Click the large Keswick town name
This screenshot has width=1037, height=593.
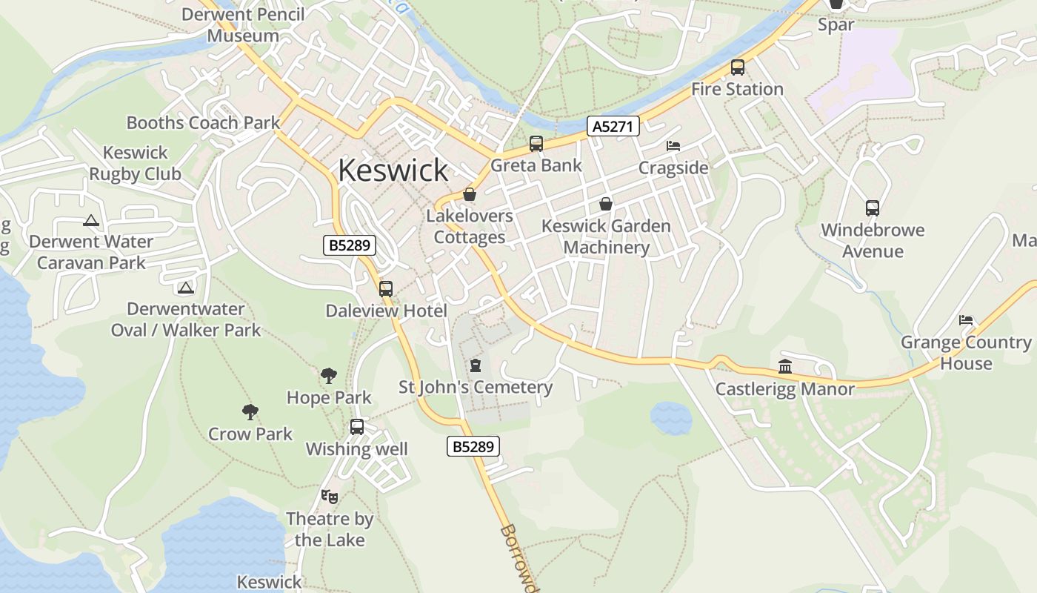(x=393, y=170)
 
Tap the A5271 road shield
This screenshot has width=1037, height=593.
(x=613, y=127)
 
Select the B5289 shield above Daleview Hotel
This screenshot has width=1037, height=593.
(x=350, y=245)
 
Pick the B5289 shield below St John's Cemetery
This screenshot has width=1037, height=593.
(x=473, y=446)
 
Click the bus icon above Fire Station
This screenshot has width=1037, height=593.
(x=738, y=67)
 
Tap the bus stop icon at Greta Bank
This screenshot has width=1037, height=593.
(x=536, y=144)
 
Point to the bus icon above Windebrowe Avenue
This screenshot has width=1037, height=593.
(x=873, y=208)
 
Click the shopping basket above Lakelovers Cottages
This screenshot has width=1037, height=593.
(x=470, y=195)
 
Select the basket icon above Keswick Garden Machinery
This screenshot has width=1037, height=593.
(x=606, y=204)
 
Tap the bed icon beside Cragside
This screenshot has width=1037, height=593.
(x=673, y=146)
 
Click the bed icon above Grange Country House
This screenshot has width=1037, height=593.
(x=966, y=320)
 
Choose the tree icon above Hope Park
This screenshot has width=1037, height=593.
(x=329, y=376)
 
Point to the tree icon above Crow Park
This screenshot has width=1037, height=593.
(x=250, y=412)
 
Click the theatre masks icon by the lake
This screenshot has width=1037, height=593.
(x=330, y=496)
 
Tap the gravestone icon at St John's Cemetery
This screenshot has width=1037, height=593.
(x=476, y=365)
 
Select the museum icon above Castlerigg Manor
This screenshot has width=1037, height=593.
(x=785, y=366)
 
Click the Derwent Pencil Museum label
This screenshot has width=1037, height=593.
(x=243, y=24)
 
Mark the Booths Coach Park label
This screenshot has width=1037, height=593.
(x=203, y=122)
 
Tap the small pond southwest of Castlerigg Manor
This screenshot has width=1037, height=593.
(x=671, y=418)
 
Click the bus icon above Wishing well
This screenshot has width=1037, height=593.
(x=357, y=427)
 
